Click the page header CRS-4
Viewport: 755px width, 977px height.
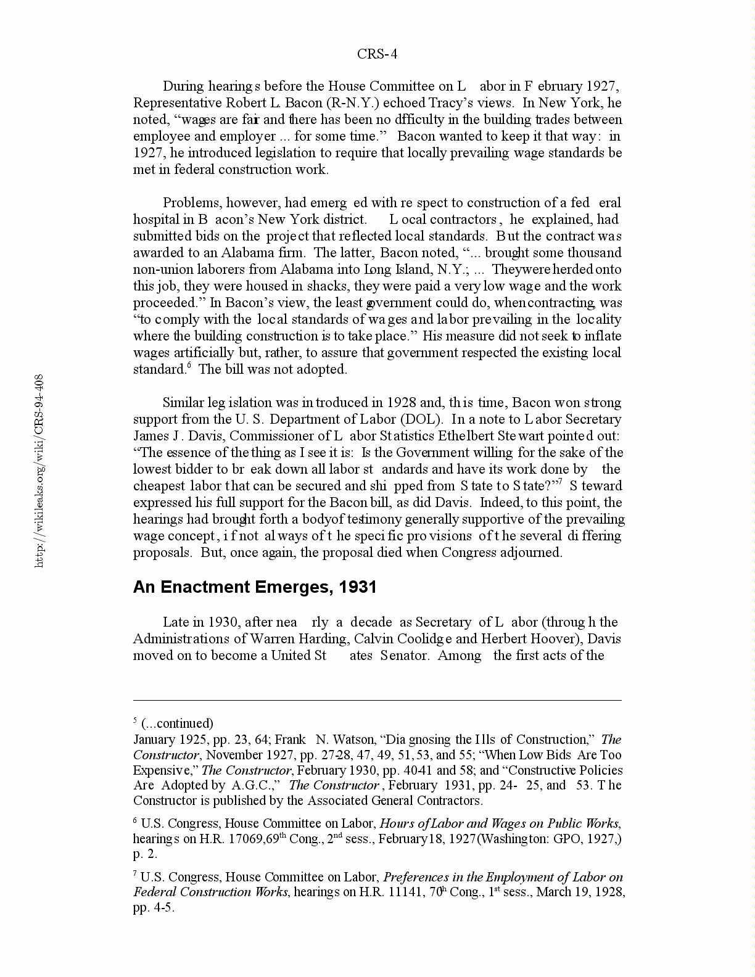tap(377, 54)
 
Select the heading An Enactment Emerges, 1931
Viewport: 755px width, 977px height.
tap(255, 587)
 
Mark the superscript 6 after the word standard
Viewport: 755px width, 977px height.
tap(189, 366)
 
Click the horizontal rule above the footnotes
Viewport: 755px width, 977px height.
tap(377, 700)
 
